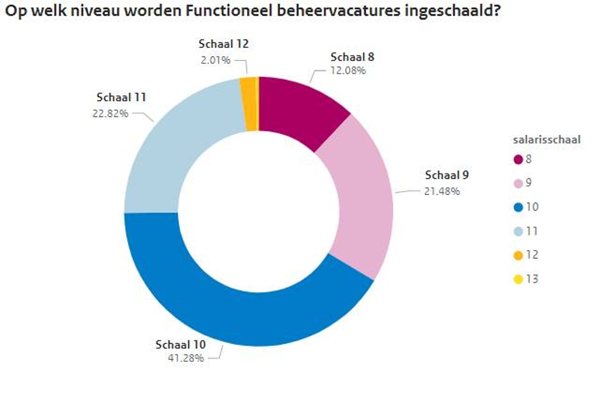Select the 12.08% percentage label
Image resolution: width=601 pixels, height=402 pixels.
point(348,70)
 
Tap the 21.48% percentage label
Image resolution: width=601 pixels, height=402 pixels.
point(442,191)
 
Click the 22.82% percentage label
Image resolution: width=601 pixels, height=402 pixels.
point(110,114)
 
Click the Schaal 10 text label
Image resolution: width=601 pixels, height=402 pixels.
point(181,344)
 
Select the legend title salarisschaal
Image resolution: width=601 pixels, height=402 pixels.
point(546,140)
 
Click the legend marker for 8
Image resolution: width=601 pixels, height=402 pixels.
point(518,159)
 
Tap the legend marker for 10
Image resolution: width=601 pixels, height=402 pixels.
point(518,207)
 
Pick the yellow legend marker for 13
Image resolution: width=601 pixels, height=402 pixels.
point(518,279)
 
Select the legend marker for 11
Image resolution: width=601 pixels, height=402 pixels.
point(518,231)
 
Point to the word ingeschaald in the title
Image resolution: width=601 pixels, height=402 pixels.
point(446,11)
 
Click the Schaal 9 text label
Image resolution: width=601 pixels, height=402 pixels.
point(447,176)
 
